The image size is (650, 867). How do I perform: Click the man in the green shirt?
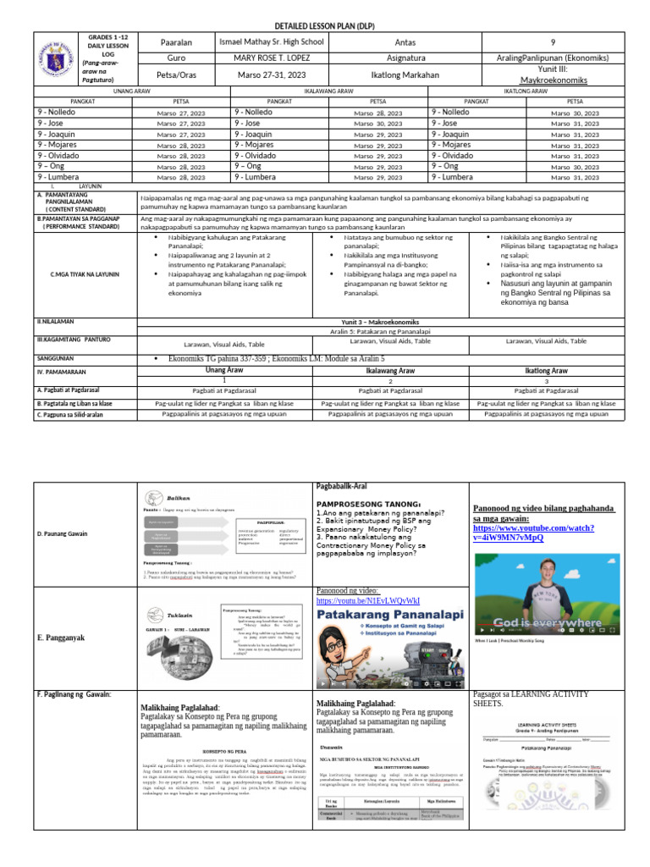[551, 597]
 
